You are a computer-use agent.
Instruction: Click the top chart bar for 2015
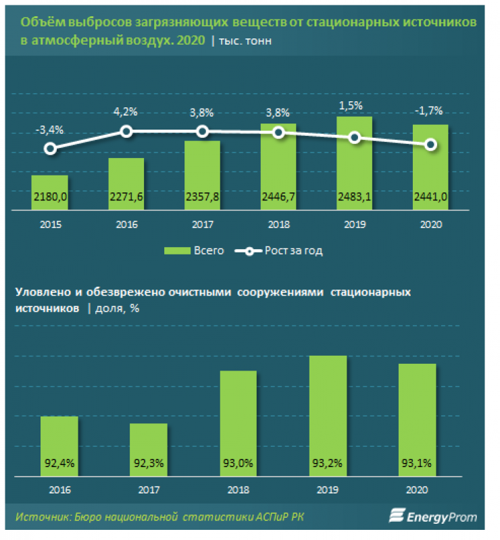coord(49,193)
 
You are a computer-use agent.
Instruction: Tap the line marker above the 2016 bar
coord(126,132)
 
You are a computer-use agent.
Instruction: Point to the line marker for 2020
coord(430,144)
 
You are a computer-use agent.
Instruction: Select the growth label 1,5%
coord(354,105)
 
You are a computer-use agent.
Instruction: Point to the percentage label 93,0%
coord(238,464)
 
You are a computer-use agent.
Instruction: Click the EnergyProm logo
coord(432,518)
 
